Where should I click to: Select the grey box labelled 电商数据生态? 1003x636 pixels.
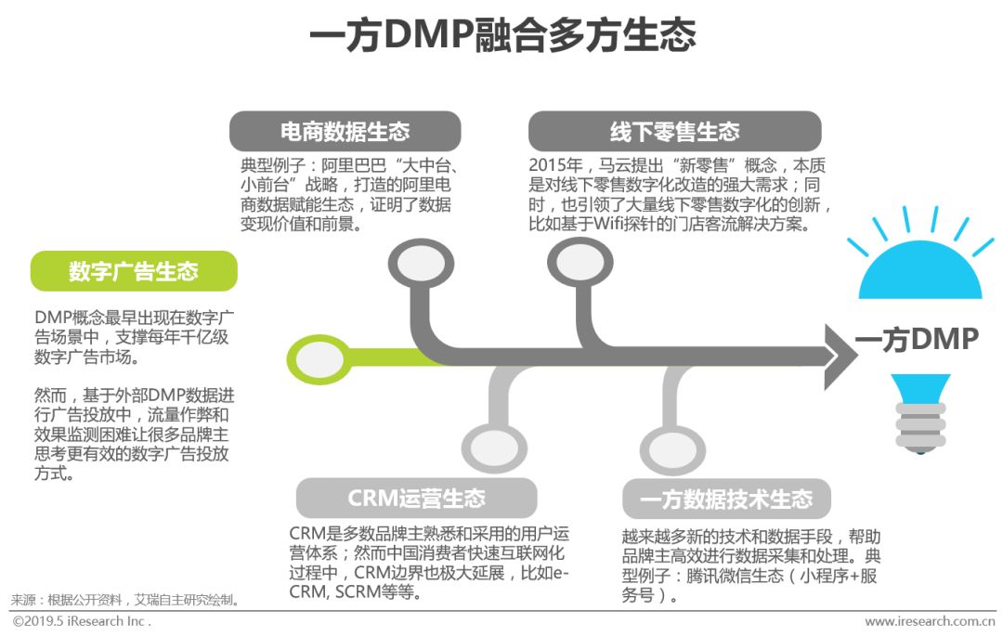345,131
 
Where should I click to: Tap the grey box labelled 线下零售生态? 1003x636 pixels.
674,131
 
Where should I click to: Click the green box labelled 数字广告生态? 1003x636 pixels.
134,271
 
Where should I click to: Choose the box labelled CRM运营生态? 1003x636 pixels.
416,498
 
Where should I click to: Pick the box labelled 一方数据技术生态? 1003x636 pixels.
725,499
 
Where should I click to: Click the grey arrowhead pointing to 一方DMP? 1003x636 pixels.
840,357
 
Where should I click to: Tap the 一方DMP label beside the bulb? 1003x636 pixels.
917,340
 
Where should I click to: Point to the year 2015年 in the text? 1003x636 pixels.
554,166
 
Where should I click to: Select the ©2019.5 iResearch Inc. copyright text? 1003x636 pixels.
81,621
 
